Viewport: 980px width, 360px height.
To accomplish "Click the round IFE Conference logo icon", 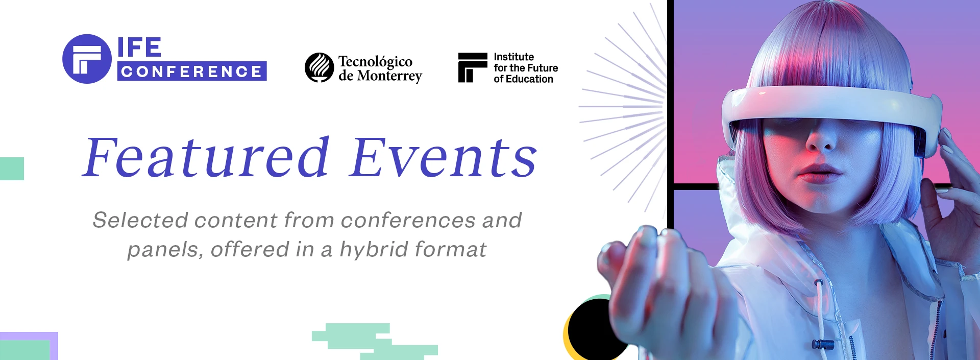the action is pyautogui.click(x=87, y=59).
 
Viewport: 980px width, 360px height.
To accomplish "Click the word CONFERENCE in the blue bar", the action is pyautogui.click(x=192, y=71).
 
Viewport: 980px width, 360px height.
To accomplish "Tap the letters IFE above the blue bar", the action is pyautogui.click(x=139, y=47).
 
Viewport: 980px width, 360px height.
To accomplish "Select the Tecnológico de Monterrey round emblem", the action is pyautogui.click(x=320, y=67).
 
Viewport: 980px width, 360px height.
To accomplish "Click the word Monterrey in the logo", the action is pyautogui.click(x=389, y=76).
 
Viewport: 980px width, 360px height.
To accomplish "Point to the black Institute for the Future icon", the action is pyautogui.click(x=473, y=67).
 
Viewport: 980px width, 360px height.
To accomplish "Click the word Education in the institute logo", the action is pyautogui.click(x=529, y=79).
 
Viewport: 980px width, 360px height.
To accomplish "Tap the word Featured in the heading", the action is pyautogui.click(x=206, y=157).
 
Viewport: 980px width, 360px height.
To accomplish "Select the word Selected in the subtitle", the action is pyautogui.click(x=141, y=220).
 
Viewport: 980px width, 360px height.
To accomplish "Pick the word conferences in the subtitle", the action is pyautogui.click(x=408, y=220).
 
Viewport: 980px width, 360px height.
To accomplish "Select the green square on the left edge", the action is pyautogui.click(x=12, y=169).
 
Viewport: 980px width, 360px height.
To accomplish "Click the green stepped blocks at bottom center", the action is pyautogui.click(x=375, y=341).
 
